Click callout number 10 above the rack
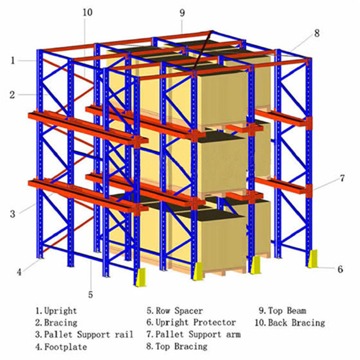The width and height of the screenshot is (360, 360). click(x=87, y=12)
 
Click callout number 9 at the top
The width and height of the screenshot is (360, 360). click(x=182, y=13)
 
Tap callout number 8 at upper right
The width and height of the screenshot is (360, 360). click(x=317, y=34)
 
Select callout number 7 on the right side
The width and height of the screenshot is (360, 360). click(x=342, y=178)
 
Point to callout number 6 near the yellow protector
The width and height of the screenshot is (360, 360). click(x=340, y=269)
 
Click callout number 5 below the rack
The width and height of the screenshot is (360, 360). click(x=91, y=294)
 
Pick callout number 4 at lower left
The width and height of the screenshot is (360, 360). click(x=19, y=272)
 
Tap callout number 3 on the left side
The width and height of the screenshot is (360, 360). click(x=12, y=214)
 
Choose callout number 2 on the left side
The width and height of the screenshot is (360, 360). click(x=12, y=95)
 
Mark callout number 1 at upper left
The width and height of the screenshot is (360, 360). click(x=13, y=60)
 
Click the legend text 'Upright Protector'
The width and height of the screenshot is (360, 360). click(x=196, y=323)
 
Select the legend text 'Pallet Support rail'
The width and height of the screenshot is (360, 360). click(x=89, y=335)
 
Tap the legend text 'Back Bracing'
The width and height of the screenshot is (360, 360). click(x=297, y=323)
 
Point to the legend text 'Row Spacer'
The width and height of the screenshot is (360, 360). click(x=180, y=311)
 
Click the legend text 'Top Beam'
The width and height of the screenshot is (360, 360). click(x=287, y=311)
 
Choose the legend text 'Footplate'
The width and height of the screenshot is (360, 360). click(x=66, y=347)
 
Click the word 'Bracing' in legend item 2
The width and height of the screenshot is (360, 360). click(x=60, y=323)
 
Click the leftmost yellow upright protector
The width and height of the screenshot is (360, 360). click(x=141, y=277)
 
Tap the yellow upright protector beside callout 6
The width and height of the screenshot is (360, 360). click(x=312, y=259)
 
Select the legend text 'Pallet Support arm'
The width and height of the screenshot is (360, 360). click(x=198, y=335)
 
